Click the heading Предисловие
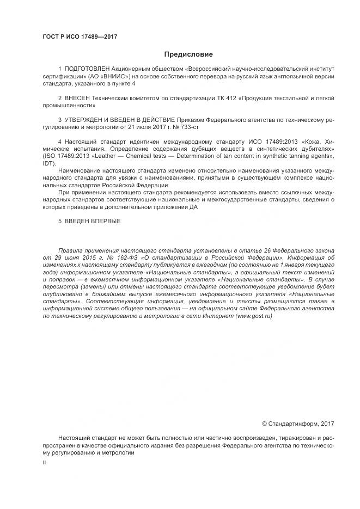(x=188, y=54)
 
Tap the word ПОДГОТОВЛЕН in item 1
(x=87, y=69)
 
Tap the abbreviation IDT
(x=48, y=163)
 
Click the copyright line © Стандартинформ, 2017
(x=298, y=424)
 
